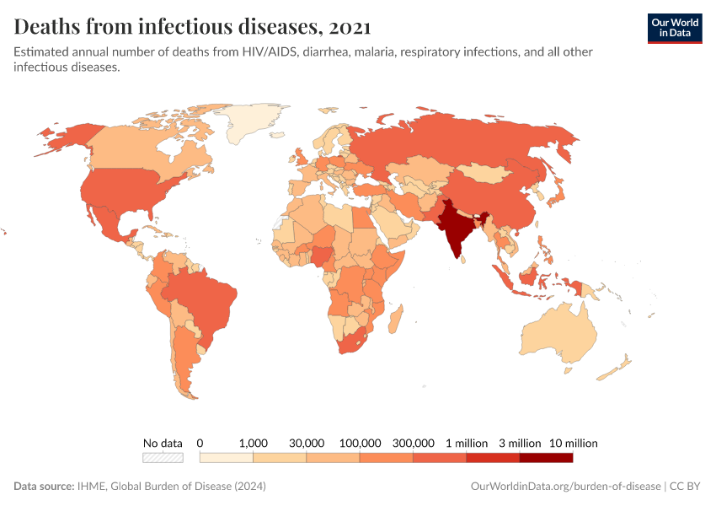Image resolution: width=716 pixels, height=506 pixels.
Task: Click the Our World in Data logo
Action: [674, 27]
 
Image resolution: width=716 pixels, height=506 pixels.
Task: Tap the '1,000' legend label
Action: [253, 443]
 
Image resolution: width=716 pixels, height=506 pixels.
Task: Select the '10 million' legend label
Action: [573, 443]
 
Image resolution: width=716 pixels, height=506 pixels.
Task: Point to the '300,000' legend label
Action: [413, 443]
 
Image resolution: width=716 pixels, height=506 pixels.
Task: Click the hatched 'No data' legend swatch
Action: [163, 458]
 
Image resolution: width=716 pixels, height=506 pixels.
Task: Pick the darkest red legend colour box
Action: [546, 458]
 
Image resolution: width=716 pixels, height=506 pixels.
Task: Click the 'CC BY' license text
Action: [686, 487]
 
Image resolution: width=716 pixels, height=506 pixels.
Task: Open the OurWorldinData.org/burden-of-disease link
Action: [564, 487]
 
